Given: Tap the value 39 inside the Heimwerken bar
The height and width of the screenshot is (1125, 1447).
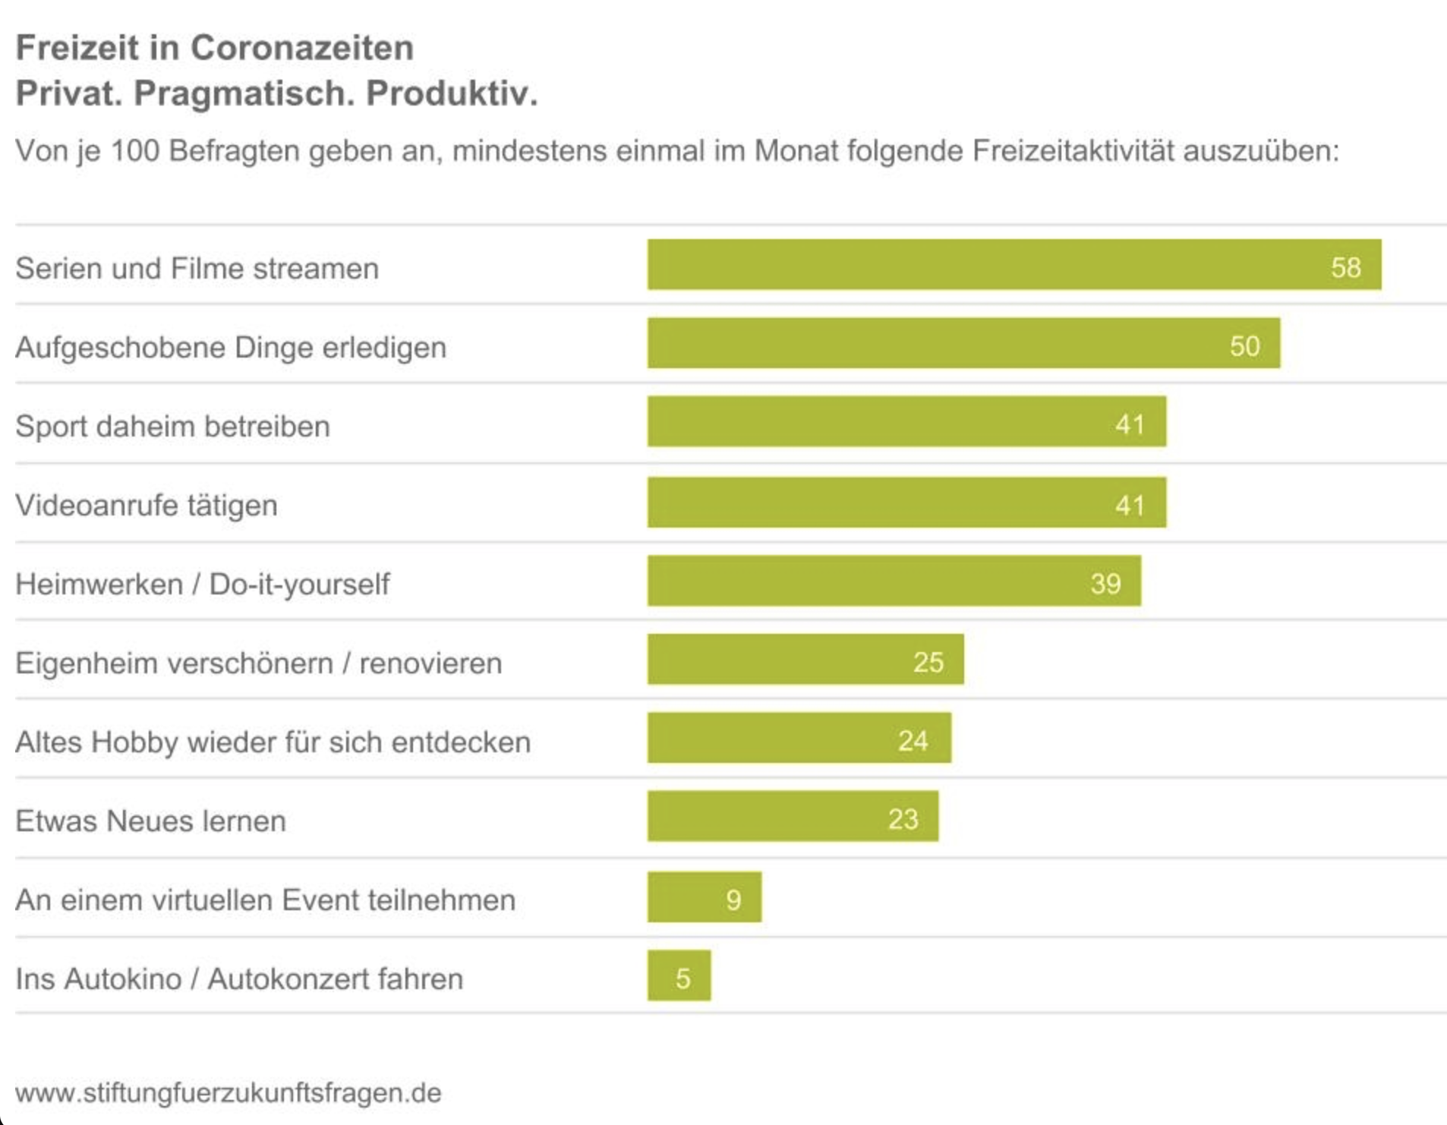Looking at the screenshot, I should click(1105, 583).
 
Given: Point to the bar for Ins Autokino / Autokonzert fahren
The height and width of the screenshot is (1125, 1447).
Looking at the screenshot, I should click(679, 975).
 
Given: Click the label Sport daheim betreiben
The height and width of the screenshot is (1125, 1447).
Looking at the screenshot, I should click(172, 426).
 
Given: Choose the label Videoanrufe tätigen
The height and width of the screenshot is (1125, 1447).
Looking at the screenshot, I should click(147, 505).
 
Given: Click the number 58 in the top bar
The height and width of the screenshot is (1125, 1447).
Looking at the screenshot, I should click(1345, 267).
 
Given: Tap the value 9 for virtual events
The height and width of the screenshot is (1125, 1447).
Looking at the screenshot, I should click(733, 900).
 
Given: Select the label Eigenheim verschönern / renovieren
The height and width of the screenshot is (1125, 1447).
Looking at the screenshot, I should click(258, 663).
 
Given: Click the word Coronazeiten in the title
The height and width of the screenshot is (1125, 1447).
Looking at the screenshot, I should click(301, 48).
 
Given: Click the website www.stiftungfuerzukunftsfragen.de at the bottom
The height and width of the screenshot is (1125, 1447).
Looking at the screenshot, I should click(228, 1092).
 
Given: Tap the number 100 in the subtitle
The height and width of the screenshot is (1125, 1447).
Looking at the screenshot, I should click(135, 150).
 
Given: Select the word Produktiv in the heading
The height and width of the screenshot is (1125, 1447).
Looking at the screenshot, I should click(451, 93).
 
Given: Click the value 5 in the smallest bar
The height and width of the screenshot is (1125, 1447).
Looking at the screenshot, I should click(683, 978).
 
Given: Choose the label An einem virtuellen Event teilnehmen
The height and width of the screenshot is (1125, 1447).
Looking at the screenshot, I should click(265, 900).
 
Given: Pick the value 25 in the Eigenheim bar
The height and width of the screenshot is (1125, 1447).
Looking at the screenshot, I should click(928, 662).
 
